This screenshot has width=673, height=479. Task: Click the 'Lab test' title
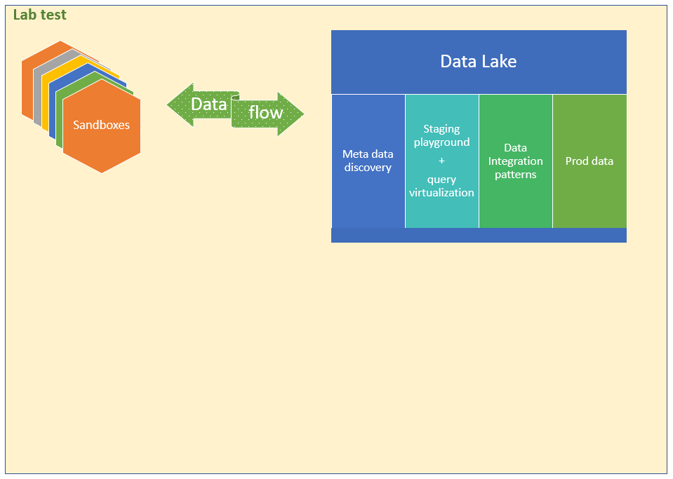[x=39, y=15]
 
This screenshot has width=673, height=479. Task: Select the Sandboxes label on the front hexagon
[x=101, y=125]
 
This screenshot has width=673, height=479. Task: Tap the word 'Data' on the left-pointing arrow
[x=208, y=104]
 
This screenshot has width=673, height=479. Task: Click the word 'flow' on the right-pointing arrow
[x=266, y=112]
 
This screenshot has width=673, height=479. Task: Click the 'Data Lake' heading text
[x=479, y=61]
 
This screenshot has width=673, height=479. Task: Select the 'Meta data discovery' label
[x=368, y=161]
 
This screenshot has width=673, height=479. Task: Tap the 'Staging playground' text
[x=441, y=135]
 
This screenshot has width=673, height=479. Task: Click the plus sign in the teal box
[x=441, y=161]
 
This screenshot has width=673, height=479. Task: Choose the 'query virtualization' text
[x=441, y=186]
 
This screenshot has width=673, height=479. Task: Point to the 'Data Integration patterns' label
[x=516, y=161]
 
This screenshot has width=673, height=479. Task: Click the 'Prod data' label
[x=589, y=161]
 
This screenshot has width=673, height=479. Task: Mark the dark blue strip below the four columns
[x=479, y=235]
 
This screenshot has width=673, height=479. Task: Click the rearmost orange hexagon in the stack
[x=27, y=81]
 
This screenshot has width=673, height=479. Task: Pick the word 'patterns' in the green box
[x=516, y=175]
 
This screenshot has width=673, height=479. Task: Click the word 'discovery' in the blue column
[x=368, y=167]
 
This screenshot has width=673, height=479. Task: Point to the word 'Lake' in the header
[x=499, y=61]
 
